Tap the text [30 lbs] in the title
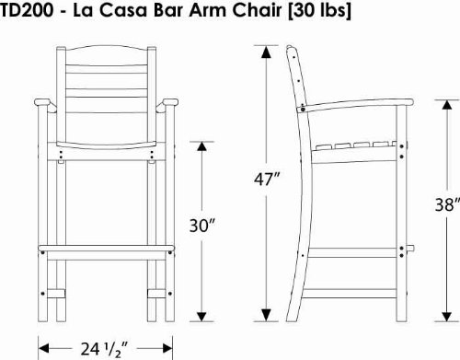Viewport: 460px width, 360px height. [295, 11]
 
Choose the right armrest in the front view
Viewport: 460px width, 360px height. [173, 109]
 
